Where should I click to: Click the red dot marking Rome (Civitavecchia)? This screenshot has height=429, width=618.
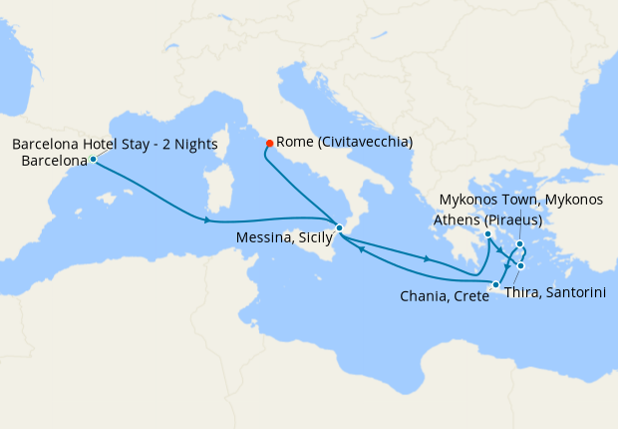270,143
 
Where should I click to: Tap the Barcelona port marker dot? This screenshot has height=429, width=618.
93,159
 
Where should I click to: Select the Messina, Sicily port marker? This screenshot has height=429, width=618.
339,228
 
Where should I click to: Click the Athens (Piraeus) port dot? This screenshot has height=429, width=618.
487,234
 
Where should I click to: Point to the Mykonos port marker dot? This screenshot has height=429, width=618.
520,243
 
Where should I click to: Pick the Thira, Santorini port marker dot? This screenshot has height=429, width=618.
521,266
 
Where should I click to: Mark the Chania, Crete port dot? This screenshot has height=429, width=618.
495,285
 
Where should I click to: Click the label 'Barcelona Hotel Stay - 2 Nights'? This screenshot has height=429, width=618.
115,144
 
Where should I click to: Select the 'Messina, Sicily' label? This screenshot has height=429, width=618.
284,238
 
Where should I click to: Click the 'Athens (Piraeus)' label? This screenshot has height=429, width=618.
488,219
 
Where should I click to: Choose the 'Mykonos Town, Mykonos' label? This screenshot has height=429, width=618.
521,201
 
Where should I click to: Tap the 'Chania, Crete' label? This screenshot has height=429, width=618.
444,295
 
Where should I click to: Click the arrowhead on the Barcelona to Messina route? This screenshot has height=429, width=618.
206,219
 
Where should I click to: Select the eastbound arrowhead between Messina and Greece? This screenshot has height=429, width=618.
428,259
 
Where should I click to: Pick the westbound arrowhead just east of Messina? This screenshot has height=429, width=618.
360,249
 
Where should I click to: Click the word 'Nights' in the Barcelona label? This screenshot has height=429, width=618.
195,144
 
